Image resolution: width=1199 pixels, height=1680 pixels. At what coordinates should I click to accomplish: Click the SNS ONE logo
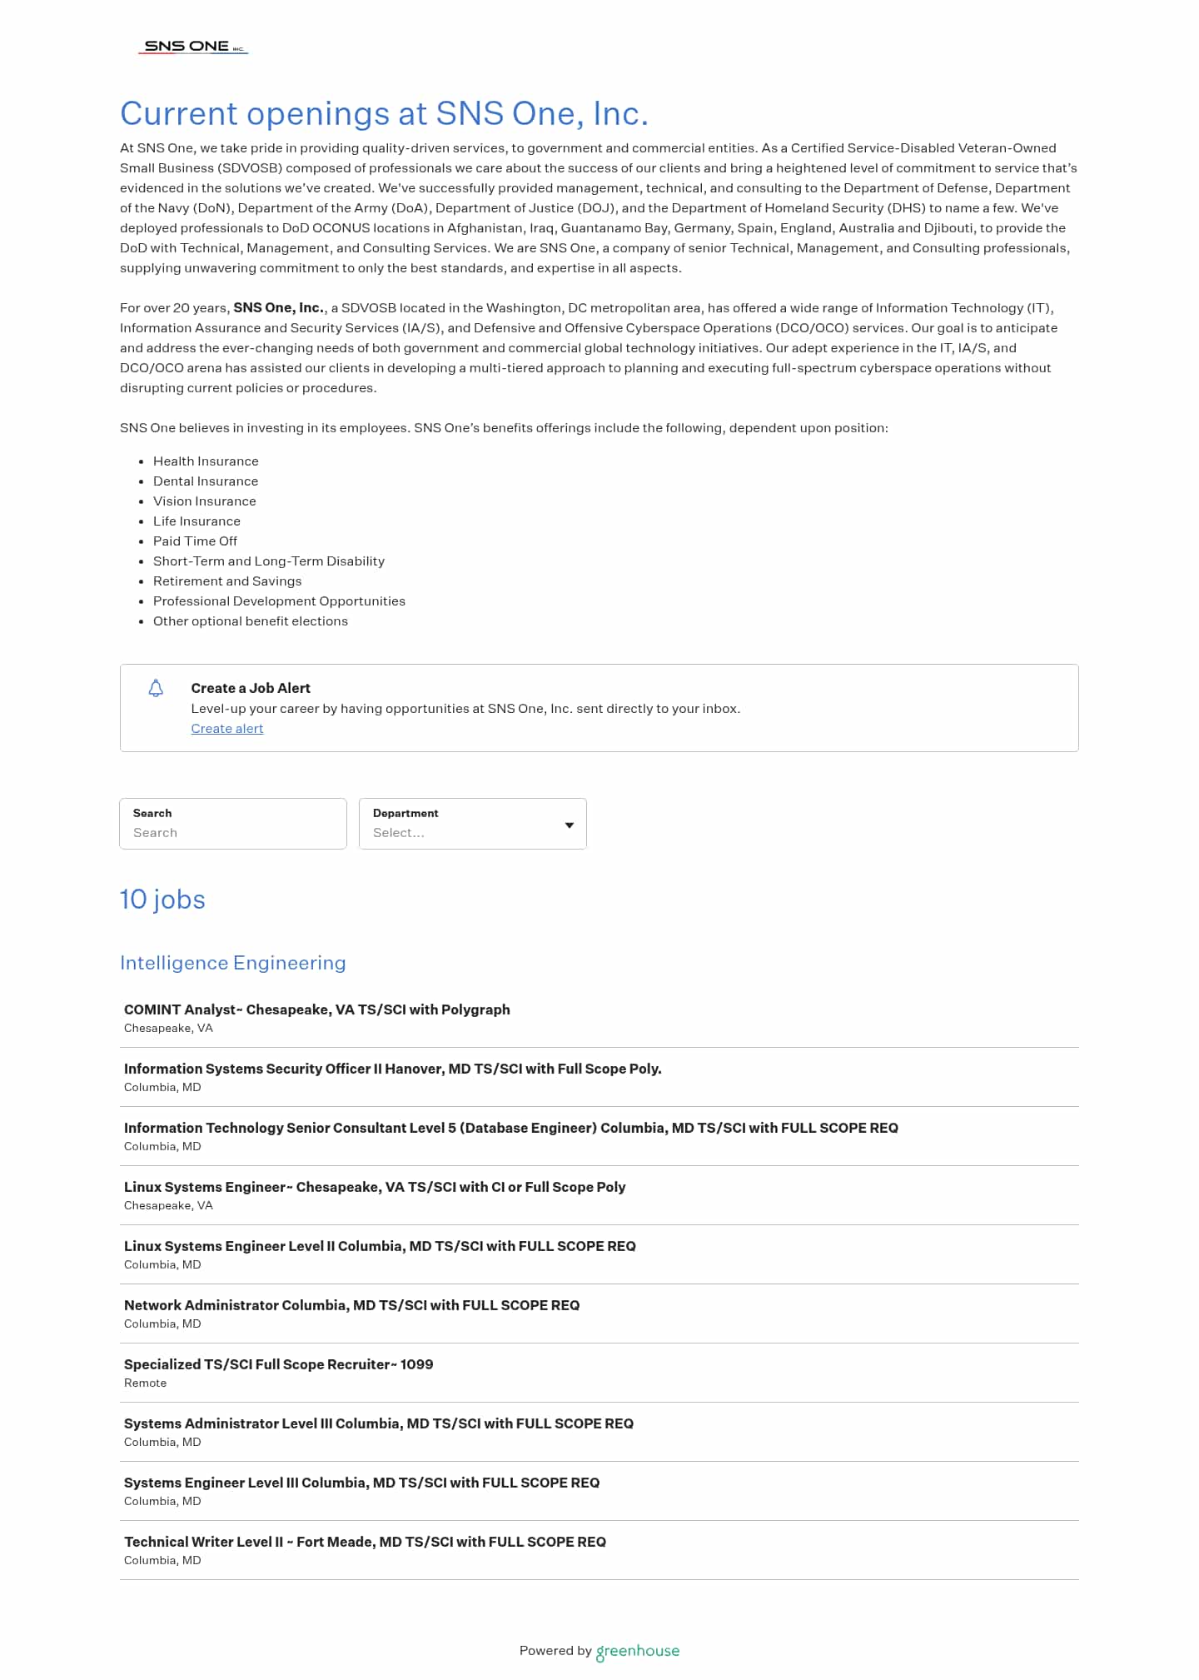(193, 47)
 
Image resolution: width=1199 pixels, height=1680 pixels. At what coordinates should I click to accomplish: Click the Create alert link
(226, 729)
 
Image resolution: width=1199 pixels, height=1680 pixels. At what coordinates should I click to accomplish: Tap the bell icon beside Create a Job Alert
(156, 688)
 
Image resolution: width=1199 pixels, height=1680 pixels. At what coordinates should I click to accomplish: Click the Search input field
(233, 832)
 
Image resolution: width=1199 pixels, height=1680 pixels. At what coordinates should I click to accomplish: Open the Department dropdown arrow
(570, 825)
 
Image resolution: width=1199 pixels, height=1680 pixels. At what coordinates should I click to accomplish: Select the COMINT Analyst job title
(316, 1009)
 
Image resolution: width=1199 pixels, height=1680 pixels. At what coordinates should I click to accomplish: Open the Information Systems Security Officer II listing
(392, 1069)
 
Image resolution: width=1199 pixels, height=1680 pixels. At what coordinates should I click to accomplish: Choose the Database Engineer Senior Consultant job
(510, 1128)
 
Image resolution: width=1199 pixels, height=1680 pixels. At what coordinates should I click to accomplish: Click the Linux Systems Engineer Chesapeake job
(375, 1187)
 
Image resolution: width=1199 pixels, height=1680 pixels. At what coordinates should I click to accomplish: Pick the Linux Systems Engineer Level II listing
(380, 1246)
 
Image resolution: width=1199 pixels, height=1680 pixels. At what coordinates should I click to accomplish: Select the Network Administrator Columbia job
(351, 1305)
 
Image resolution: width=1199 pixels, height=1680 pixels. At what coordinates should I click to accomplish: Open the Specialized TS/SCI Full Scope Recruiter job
(278, 1364)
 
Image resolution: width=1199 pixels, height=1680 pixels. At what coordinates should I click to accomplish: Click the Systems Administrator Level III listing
(378, 1423)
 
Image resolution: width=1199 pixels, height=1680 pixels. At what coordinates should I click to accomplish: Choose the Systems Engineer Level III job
(361, 1483)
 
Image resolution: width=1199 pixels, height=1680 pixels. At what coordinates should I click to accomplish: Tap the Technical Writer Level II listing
(365, 1542)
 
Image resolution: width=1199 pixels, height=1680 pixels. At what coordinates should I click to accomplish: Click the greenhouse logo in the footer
(638, 1651)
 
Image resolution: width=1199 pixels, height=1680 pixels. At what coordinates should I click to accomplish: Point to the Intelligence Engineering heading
(232, 963)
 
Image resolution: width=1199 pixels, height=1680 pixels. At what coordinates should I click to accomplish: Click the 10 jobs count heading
(162, 900)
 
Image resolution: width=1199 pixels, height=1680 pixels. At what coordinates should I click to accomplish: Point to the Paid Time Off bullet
(195, 541)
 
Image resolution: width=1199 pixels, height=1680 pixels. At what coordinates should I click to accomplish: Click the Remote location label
(145, 1383)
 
